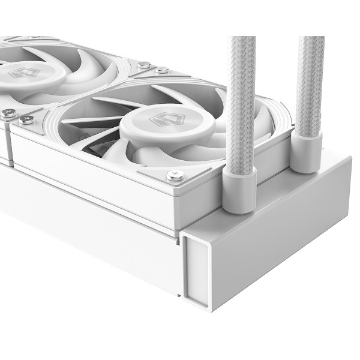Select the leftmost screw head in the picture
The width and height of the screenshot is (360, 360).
8,112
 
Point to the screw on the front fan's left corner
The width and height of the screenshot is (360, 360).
26,119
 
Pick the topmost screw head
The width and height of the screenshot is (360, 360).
144,64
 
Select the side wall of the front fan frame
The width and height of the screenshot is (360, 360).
108,180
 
